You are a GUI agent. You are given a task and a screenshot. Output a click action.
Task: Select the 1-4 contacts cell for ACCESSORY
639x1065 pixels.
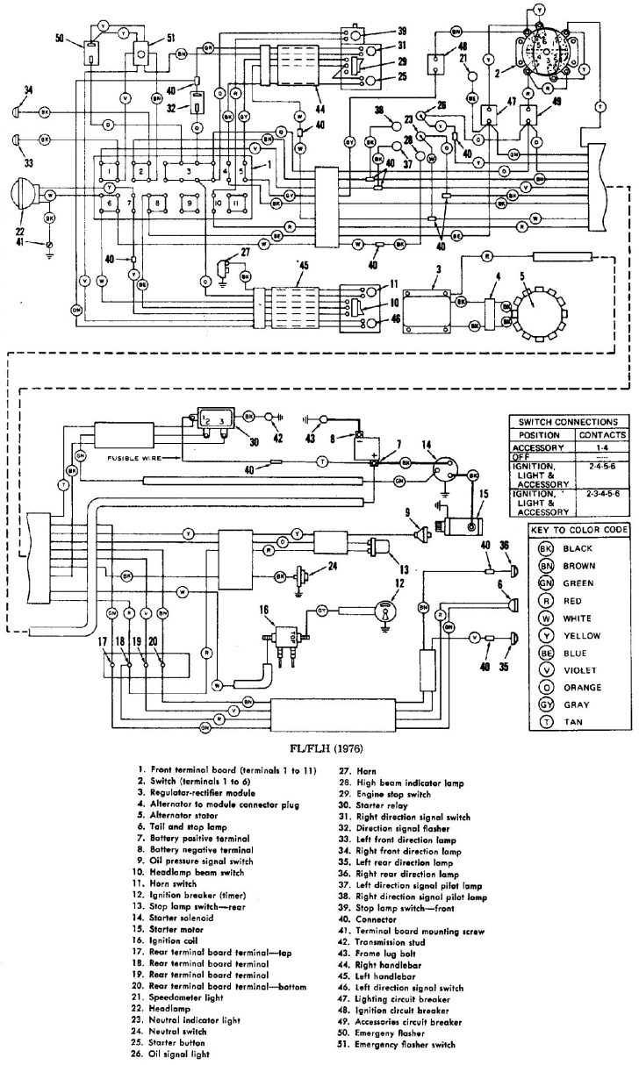coord(603,446)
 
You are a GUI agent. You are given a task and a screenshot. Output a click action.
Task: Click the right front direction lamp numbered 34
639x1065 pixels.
coord(17,113)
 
